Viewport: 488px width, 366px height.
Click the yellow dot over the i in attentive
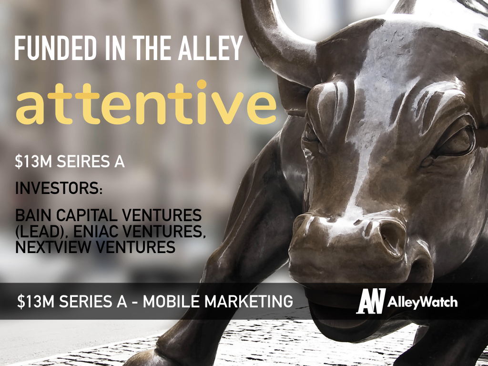[x=202, y=84]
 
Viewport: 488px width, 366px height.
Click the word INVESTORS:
[x=59, y=188]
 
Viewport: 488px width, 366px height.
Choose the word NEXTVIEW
[x=53, y=247]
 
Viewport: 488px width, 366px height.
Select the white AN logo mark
[x=371, y=301]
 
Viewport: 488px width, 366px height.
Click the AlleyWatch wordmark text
[x=422, y=302]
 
